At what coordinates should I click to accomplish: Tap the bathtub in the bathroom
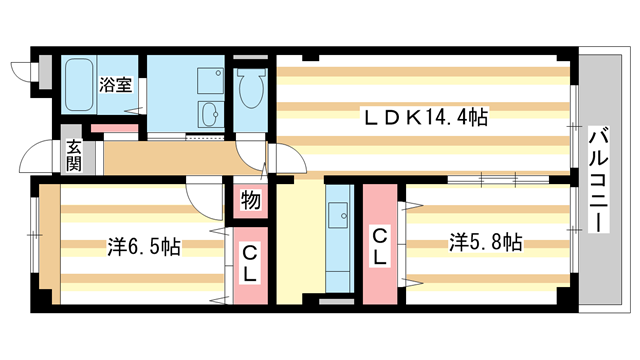80,89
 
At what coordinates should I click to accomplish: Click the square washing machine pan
210,79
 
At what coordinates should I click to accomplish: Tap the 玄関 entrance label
75,156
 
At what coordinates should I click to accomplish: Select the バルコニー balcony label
597,180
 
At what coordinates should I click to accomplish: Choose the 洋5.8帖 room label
485,241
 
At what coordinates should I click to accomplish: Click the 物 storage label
250,201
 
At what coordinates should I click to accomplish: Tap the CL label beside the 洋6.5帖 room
250,262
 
